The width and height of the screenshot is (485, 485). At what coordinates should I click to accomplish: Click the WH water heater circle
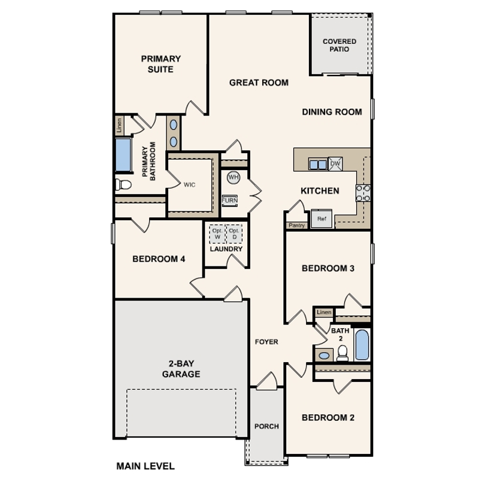(234, 177)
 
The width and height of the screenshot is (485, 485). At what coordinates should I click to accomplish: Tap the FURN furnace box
(230, 201)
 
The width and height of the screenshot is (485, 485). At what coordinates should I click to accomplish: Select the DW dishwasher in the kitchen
(335, 164)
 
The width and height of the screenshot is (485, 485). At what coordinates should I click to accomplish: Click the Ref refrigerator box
(322, 219)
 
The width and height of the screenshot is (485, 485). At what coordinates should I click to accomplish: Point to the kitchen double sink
(318, 164)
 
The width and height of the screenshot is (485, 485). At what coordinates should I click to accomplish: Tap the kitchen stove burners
(363, 193)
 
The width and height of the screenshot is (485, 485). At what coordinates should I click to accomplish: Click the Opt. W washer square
(217, 234)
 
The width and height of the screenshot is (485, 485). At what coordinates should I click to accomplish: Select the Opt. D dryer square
(234, 234)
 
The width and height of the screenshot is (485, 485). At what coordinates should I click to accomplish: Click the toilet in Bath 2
(342, 353)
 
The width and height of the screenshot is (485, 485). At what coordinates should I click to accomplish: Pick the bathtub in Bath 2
(362, 344)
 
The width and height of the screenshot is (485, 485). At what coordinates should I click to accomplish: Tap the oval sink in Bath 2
(324, 356)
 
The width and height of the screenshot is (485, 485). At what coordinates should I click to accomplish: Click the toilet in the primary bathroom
(123, 184)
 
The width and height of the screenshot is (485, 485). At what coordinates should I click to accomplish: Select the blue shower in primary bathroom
(123, 154)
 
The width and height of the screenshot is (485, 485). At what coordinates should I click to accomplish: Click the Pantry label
(296, 226)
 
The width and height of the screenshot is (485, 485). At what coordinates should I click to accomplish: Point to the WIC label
(189, 184)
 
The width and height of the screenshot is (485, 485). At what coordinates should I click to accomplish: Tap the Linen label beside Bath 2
(324, 312)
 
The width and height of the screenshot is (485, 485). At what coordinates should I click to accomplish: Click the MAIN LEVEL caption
(145, 466)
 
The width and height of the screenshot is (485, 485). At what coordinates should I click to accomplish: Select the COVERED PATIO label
(339, 45)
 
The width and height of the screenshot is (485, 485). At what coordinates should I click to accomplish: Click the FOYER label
(266, 341)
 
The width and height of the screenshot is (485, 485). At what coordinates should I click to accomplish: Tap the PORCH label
(266, 426)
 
